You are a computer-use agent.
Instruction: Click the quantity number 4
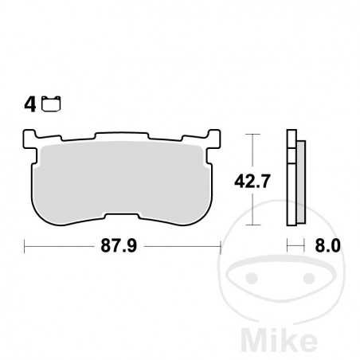pyautogui.click(x=30, y=104)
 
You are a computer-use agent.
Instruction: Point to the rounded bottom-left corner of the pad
pyautogui.click(x=40, y=212)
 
